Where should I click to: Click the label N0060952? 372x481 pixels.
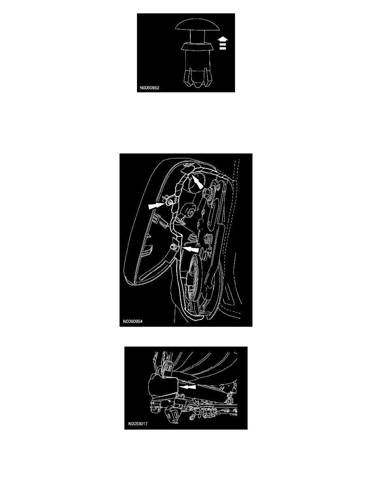point(150,88)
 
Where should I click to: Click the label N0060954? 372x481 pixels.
point(133,321)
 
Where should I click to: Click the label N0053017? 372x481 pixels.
point(138,424)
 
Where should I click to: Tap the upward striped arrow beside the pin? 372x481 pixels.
point(223,43)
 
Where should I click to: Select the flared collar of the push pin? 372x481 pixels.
point(197,47)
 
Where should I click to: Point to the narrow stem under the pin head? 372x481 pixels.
point(197,37)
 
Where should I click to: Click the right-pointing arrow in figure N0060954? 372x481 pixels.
point(157,206)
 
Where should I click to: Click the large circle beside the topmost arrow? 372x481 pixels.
point(195,183)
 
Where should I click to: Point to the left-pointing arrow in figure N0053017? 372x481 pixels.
point(187,387)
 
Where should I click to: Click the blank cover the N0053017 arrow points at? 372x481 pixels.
point(162,387)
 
